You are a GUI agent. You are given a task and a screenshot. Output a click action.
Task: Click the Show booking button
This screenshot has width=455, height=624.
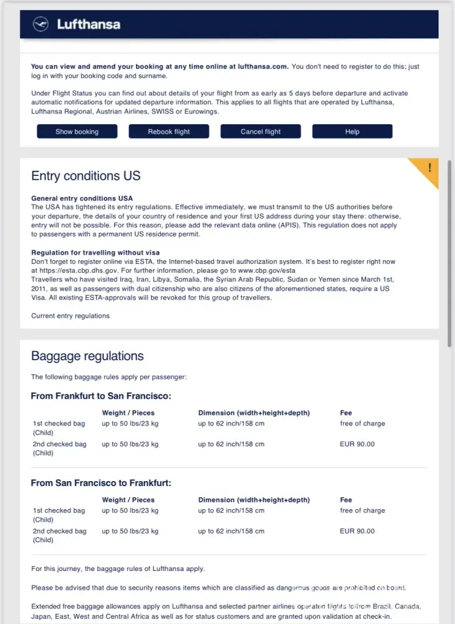[x=77, y=132]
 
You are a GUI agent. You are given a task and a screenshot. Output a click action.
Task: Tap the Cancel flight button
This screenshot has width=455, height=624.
[x=261, y=132]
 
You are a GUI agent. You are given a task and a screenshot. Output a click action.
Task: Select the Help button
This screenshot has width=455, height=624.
[x=352, y=132]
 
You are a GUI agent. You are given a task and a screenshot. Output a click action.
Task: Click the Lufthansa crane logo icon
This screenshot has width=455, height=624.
[x=42, y=24]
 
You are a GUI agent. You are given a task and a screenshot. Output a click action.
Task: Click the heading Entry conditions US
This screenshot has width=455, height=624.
[x=86, y=176]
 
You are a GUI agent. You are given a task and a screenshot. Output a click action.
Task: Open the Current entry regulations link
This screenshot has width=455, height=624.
[x=70, y=316]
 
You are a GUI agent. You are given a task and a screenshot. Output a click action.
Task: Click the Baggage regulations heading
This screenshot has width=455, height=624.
[x=87, y=356]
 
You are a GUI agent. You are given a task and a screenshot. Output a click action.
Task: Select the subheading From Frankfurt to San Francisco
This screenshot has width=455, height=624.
[x=101, y=396]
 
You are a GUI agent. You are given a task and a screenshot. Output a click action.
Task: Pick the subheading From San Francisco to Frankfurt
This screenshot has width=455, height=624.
[x=101, y=483]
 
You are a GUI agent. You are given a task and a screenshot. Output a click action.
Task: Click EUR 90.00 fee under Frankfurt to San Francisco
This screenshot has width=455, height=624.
[x=357, y=444]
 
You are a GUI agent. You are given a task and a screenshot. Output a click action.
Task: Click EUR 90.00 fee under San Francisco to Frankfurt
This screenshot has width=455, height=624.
[x=357, y=531]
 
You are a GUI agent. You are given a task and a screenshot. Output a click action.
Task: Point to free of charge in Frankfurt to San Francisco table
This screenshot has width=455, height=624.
[x=362, y=424]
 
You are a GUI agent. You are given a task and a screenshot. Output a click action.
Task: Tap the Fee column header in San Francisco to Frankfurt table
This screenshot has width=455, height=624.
[x=346, y=500]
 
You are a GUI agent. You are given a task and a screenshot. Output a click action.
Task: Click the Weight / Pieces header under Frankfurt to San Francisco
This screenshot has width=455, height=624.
[x=128, y=413]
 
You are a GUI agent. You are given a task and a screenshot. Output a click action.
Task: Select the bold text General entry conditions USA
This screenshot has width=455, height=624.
[x=82, y=198]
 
